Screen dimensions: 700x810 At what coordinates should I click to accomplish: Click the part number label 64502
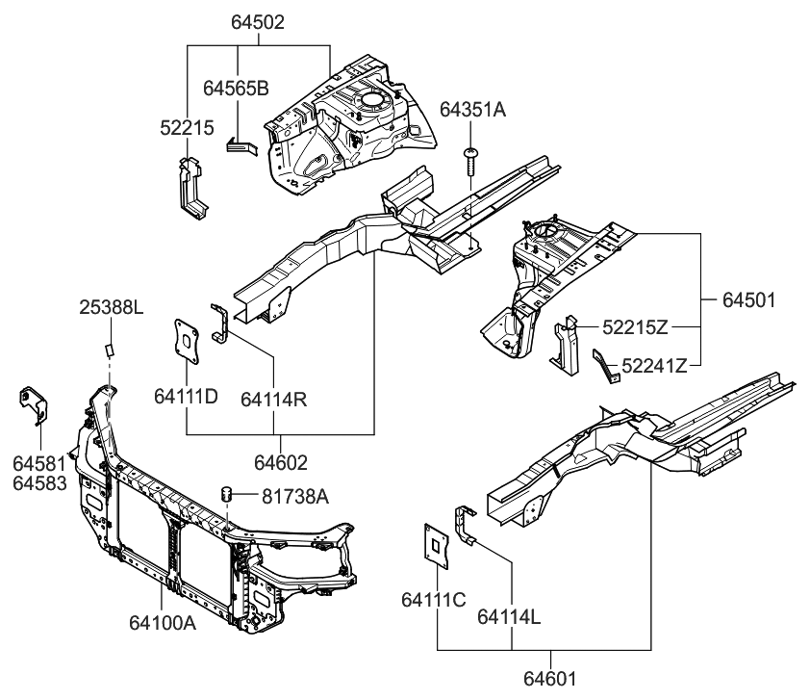click(258, 20)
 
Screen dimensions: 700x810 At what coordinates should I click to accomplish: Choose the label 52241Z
click(654, 365)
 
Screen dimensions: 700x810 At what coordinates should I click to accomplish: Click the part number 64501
click(748, 299)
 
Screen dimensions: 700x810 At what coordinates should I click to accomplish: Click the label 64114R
click(274, 396)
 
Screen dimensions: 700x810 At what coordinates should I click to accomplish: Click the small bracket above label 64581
click(32, 403)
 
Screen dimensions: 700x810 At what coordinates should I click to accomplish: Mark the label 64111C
click(434, 601)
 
